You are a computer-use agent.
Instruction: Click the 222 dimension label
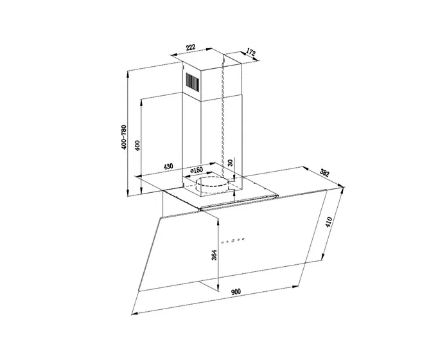click(191, 48)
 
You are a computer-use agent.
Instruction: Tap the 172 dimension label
click(250, 53)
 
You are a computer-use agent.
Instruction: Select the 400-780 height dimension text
click(124, 137)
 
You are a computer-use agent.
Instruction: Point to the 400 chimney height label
click(137, 145)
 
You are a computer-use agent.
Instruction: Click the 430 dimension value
click(168, 166)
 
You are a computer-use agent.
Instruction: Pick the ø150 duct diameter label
click(196, 170)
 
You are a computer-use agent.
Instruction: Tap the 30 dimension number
click(231, 163)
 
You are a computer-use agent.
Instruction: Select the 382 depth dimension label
click(324, 172)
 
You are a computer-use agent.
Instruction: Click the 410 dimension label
click(329, 222)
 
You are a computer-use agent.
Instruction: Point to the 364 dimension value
click(214, 255)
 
